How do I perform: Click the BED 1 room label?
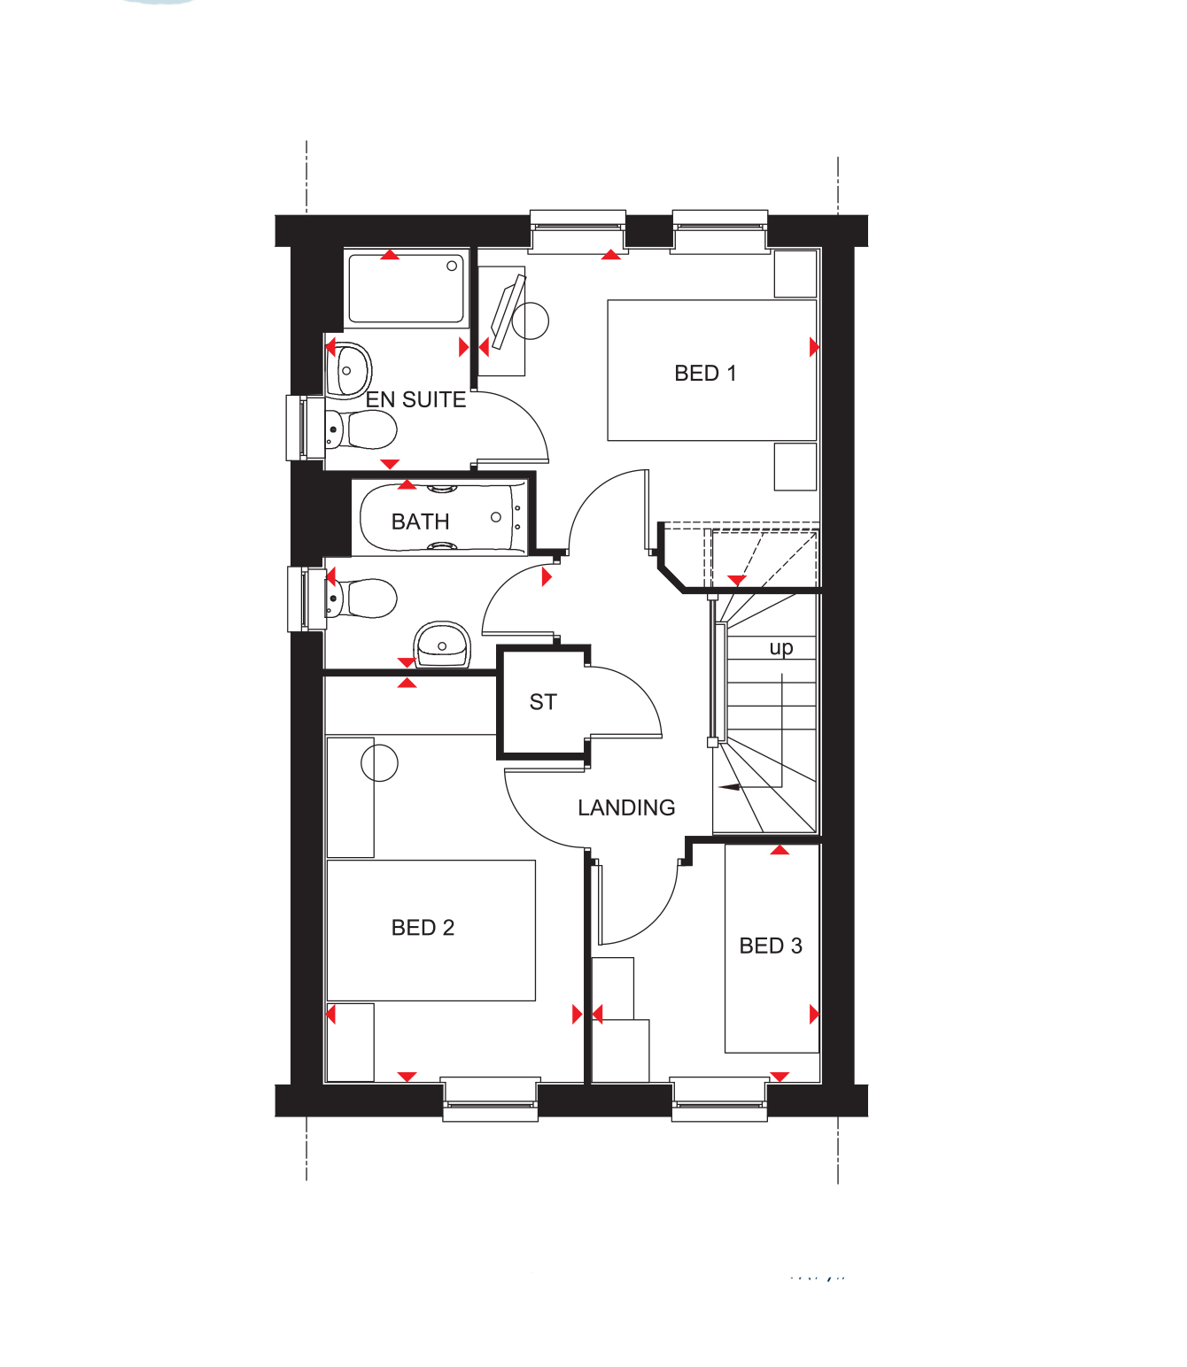[704, 373]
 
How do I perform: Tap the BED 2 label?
[423, 927]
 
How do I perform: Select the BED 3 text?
[770, 946]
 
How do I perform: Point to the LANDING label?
[626, 807]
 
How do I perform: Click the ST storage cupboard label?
[543, 702]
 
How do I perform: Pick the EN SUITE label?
[415, 399]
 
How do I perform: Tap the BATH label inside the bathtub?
[420, 521]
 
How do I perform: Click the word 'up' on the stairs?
[780, 648]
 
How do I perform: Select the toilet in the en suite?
[361, 429]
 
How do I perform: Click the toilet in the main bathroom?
[361, 598]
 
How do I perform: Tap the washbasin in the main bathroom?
[442, 645]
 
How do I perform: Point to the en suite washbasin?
[349, 371]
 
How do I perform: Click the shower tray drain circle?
[452, 266]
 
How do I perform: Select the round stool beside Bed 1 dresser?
[530, 321]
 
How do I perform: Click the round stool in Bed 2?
[379, 763]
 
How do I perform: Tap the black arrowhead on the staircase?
[730, 787]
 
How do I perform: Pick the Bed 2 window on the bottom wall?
[490, 1099]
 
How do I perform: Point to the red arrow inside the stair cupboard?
[736, 580]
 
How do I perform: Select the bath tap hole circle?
[495, 517]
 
